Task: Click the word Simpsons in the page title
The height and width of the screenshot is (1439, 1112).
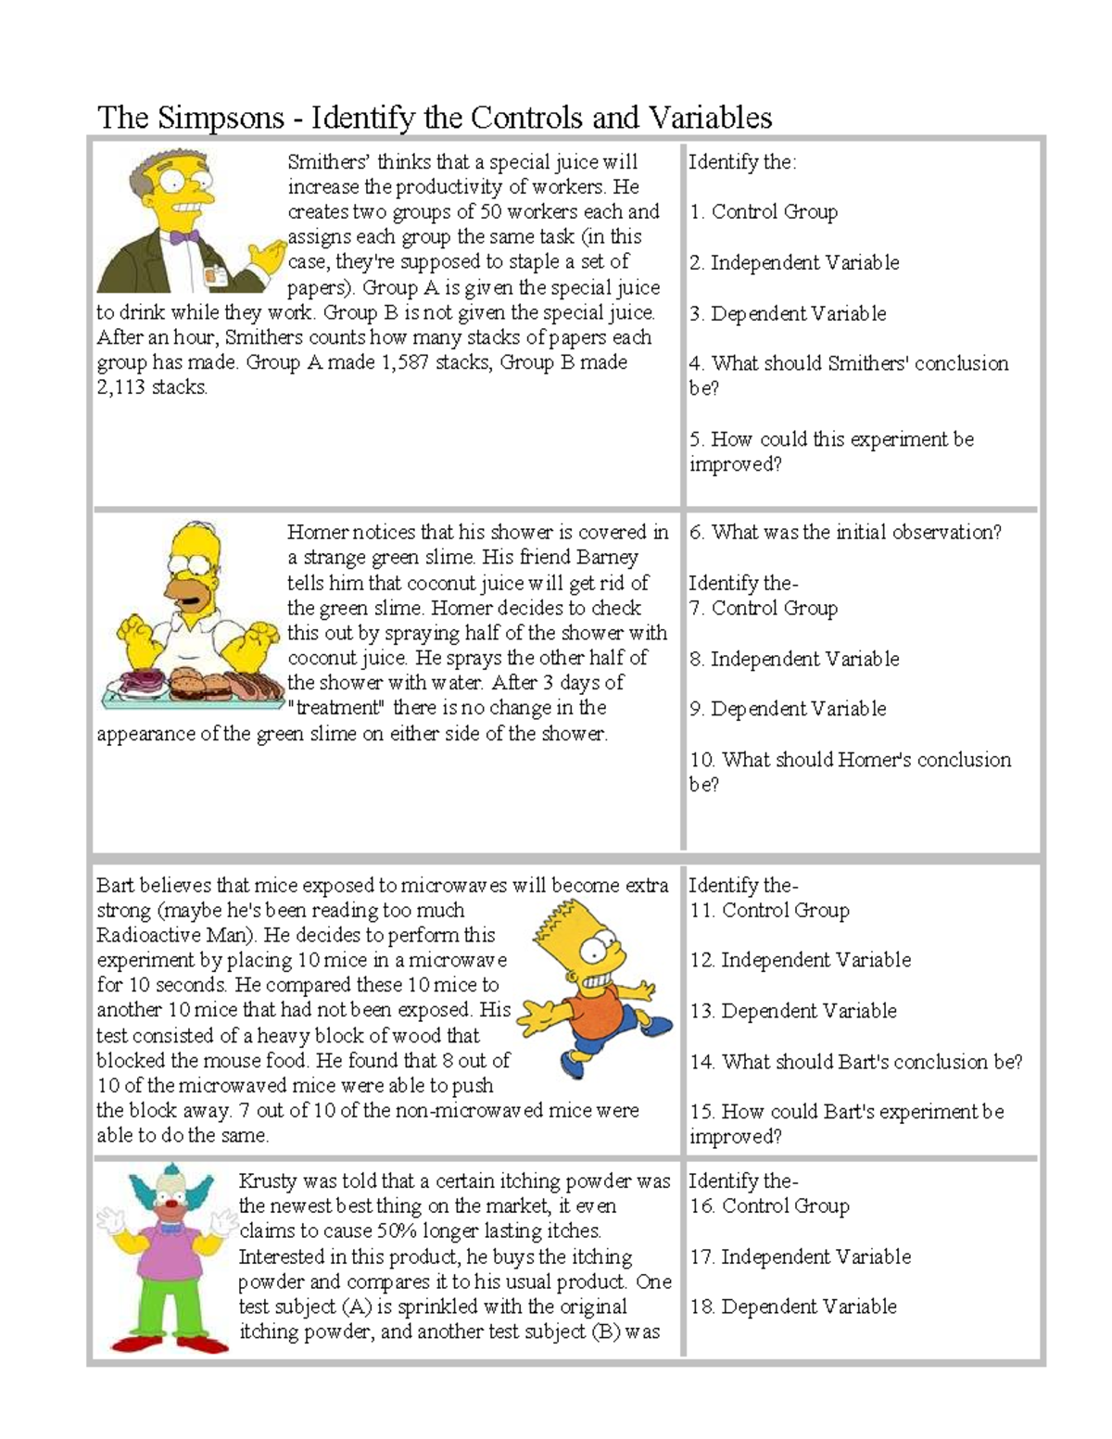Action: (x=221, y=118)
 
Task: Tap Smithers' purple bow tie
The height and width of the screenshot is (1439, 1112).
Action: (x=184, y=237)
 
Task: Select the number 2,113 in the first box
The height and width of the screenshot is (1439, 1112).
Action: (x=120, y=387)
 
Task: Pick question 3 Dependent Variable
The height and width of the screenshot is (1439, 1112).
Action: (x=787, y=313)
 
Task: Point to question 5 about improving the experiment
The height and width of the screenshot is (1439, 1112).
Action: (x=830, y=451)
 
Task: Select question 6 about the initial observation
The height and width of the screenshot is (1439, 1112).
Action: (x=844, y=533)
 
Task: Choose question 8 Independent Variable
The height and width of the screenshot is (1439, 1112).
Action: (x=793, y=659)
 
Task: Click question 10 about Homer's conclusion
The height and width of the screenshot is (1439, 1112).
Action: (x=849, y=771)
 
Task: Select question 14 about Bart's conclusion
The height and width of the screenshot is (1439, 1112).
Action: (x=855, y=1062)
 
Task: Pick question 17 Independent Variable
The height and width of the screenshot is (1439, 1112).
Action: (x=799, y=1256)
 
